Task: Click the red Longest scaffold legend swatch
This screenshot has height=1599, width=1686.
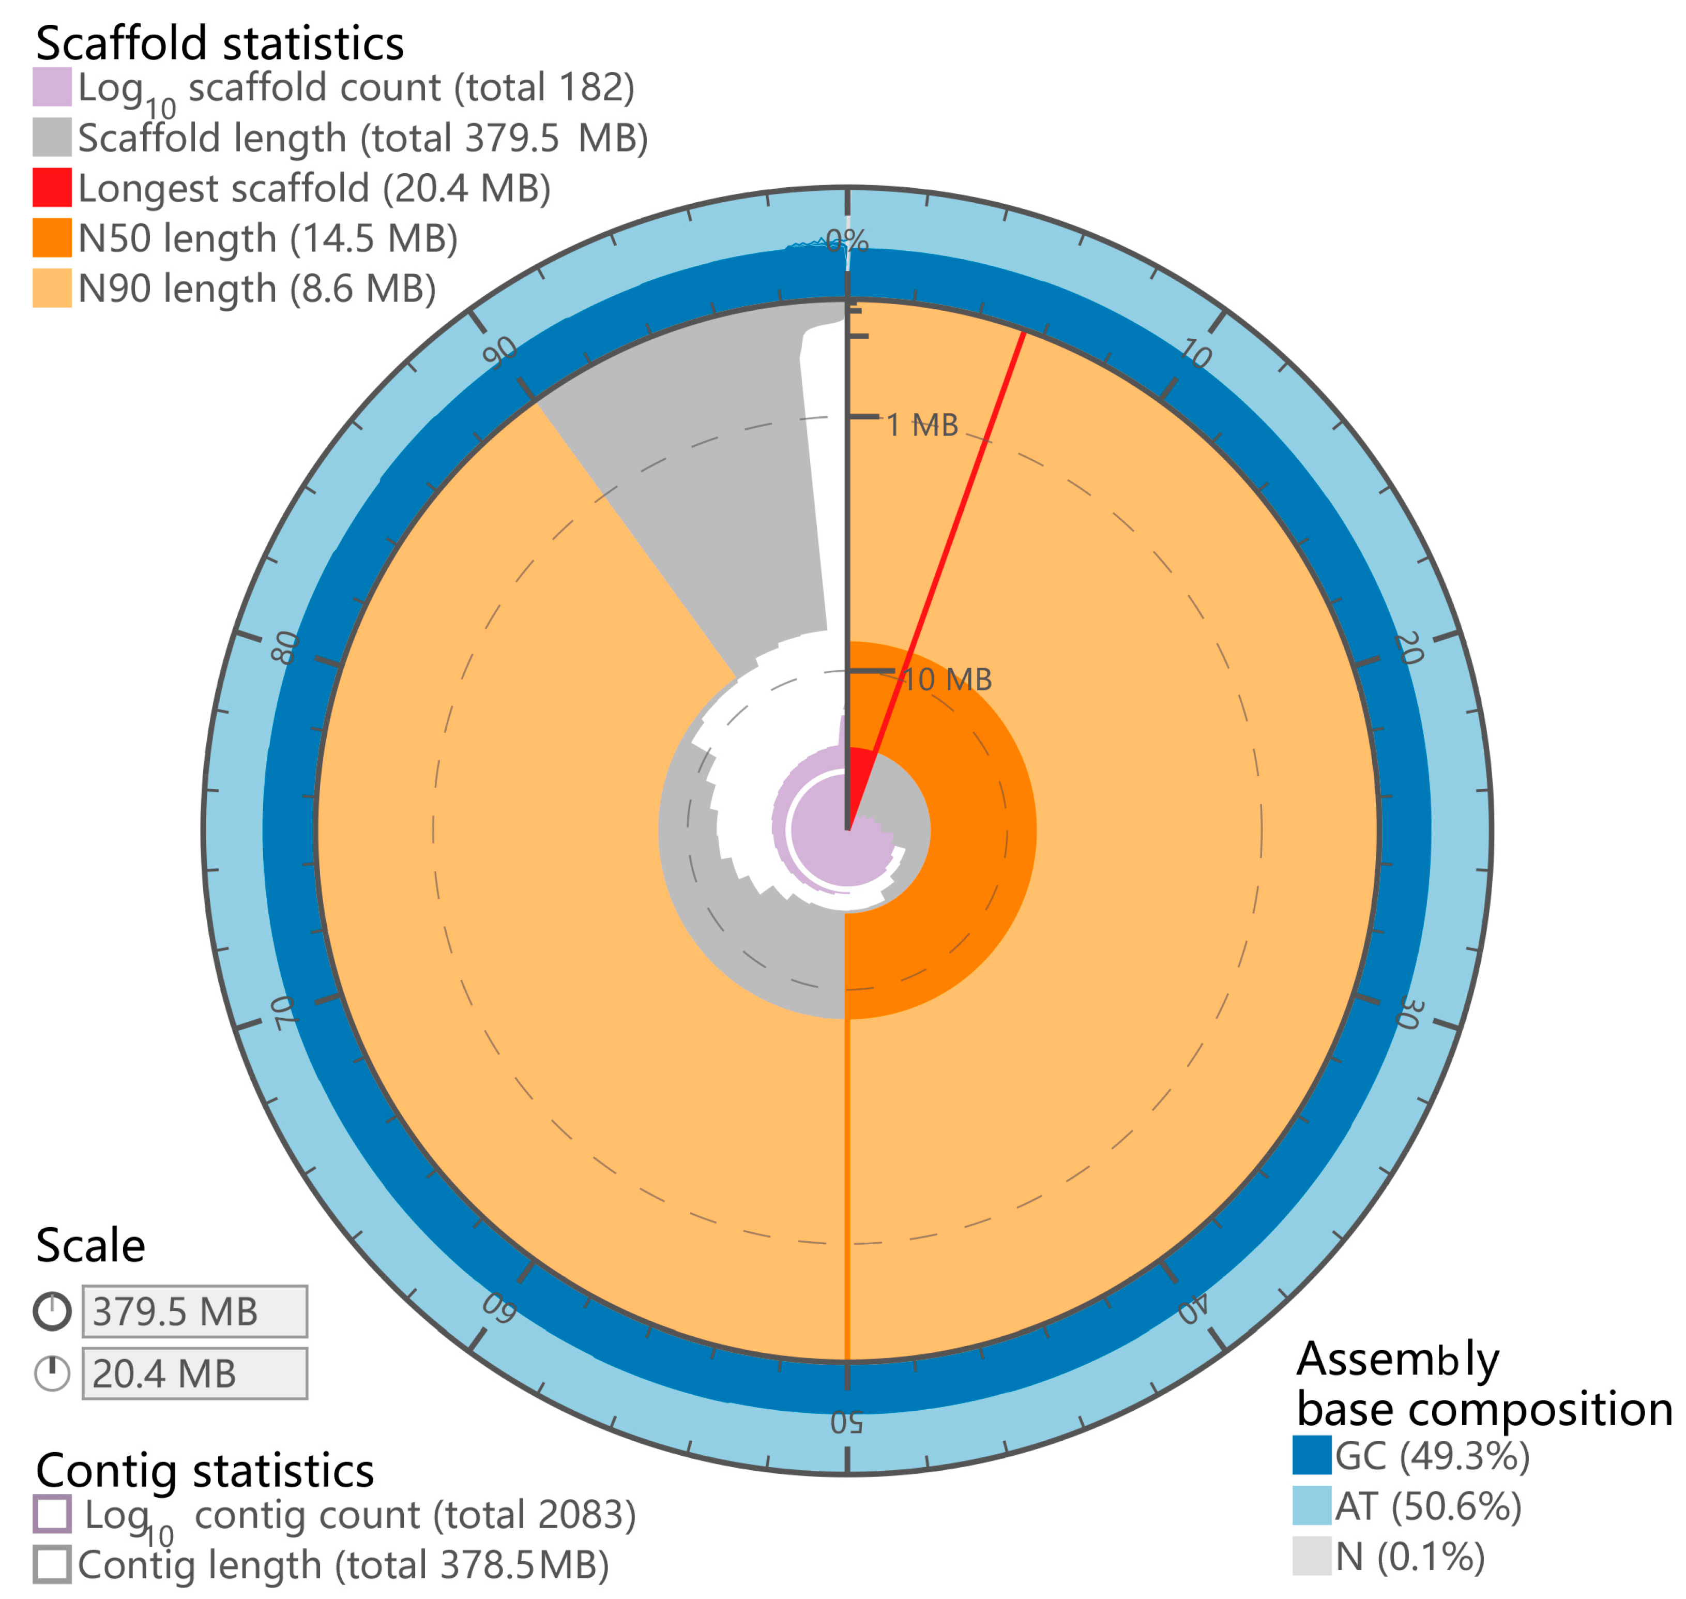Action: coord(52,188)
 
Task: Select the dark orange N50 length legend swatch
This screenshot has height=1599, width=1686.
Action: coord(52,238)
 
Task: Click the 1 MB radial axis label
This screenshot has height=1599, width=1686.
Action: coord(923,425)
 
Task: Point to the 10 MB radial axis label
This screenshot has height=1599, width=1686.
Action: coord(947,680)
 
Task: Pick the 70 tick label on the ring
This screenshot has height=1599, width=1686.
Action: coord(284,1012)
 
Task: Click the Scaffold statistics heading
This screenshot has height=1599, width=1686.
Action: coord(220,43)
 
